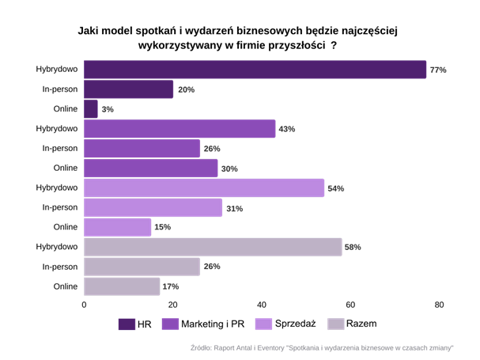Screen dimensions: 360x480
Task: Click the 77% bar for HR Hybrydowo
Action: [x=255, y=70]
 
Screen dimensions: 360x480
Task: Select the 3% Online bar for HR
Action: [x=90, y=109]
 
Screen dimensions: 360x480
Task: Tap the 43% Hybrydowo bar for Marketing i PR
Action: [x=180, y=129]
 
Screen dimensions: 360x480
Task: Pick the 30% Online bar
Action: [x=150, y=169]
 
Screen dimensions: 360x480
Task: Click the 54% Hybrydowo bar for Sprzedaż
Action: [x=204, y=188]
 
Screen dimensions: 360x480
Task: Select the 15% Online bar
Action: [x=117, y=227]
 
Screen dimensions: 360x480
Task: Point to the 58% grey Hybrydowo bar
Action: [x=213, y=247]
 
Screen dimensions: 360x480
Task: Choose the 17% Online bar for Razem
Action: [x=122, y=286]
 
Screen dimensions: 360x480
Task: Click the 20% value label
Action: [x=186, y=90]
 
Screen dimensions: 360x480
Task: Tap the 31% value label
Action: [x=234, y=209]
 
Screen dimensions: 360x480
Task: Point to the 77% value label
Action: [x=437, y=70]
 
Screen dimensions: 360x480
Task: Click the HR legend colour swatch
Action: [x=126, y=324]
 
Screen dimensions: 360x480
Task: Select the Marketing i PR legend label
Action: [x=213, y=324]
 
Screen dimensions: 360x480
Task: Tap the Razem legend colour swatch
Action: [x=335, y=324]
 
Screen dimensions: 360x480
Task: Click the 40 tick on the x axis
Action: [x=262, y=305]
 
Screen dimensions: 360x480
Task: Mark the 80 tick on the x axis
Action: [x=439, y=305]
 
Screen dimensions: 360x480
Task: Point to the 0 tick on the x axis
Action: [x=85, y=305]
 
